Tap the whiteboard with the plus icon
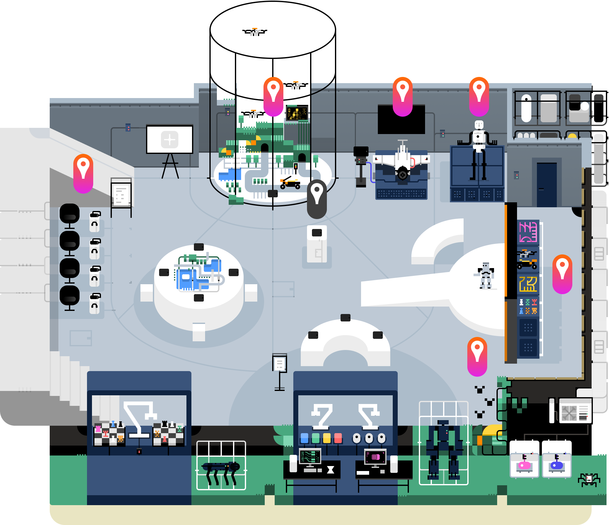170,139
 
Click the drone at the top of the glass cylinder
254,32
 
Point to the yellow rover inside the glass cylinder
290,183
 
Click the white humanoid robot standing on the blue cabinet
479,149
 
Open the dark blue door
547,185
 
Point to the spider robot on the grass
588,479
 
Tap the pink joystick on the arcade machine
524,464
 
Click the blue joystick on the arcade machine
556,464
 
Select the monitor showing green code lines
310,456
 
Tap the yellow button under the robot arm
327,438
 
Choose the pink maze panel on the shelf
528,232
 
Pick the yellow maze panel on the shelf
528,284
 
